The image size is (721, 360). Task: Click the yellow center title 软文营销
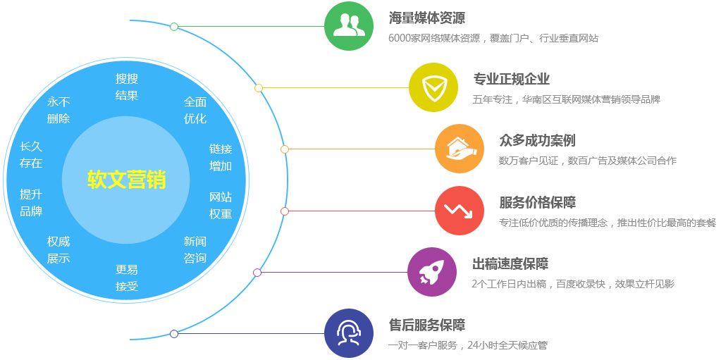pyautogui.click(x=126, y=180)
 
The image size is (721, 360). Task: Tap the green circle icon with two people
pyautogui.click(x=349, y=26)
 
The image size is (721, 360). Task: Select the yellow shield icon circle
pyautogui.click(x=433, y=87)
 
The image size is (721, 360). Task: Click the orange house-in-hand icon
pyautogui.click(x=460, y=149)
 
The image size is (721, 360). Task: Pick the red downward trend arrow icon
pyautogui.click(x=460, y=211)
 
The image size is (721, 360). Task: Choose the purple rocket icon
pyautogui.click(x=432, y=272)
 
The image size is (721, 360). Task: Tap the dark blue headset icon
pyautogui.click(x=349, y=333)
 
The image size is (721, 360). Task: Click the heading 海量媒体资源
pyautogui.click(x=426, y=18)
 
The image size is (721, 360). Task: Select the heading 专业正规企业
pyautogui.click(x=511, y=79)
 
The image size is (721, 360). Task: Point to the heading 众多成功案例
pyautogui.click(x=537, y=141)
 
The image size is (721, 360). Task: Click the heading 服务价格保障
pyautogui.click(x=537, y=202)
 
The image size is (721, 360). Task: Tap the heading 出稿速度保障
pyautogui.click(x=510, y=264)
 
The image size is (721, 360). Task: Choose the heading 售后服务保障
pyautogui.click(x=426, y=325)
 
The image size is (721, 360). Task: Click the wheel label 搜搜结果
pyautogui.click(x=127, y=87)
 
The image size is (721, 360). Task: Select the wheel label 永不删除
pyautogui.click(x=58, y=111)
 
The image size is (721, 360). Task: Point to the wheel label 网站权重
pyautogui.click(x=221, y=206)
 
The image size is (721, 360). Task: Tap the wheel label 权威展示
pyautogui.click(x=58, y=249)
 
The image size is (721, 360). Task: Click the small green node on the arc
pyautogui.click(x=174, y=27)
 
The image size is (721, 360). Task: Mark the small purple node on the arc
pyautogui.click(x=257, y=273)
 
